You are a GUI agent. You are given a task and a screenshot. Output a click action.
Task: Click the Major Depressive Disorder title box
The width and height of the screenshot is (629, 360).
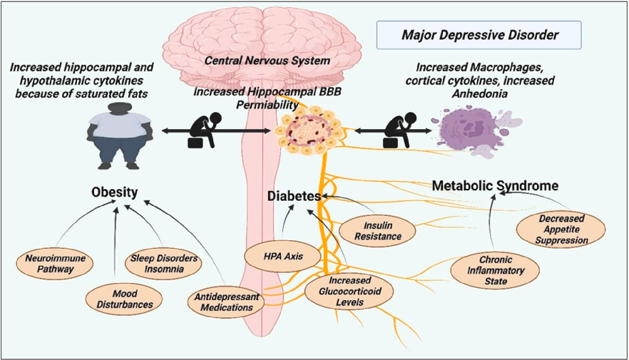click(x=479, y=34)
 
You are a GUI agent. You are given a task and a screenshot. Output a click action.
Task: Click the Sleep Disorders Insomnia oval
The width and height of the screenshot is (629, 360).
click(x=163, y=264)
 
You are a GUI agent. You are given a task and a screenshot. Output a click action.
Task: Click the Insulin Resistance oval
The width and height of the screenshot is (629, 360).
click(x=375, y=230)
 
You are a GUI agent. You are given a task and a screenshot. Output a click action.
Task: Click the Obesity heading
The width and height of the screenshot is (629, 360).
click(x=114, y=192)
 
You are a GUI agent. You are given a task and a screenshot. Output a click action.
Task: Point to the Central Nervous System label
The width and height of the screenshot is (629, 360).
click(x=267, y=61)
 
